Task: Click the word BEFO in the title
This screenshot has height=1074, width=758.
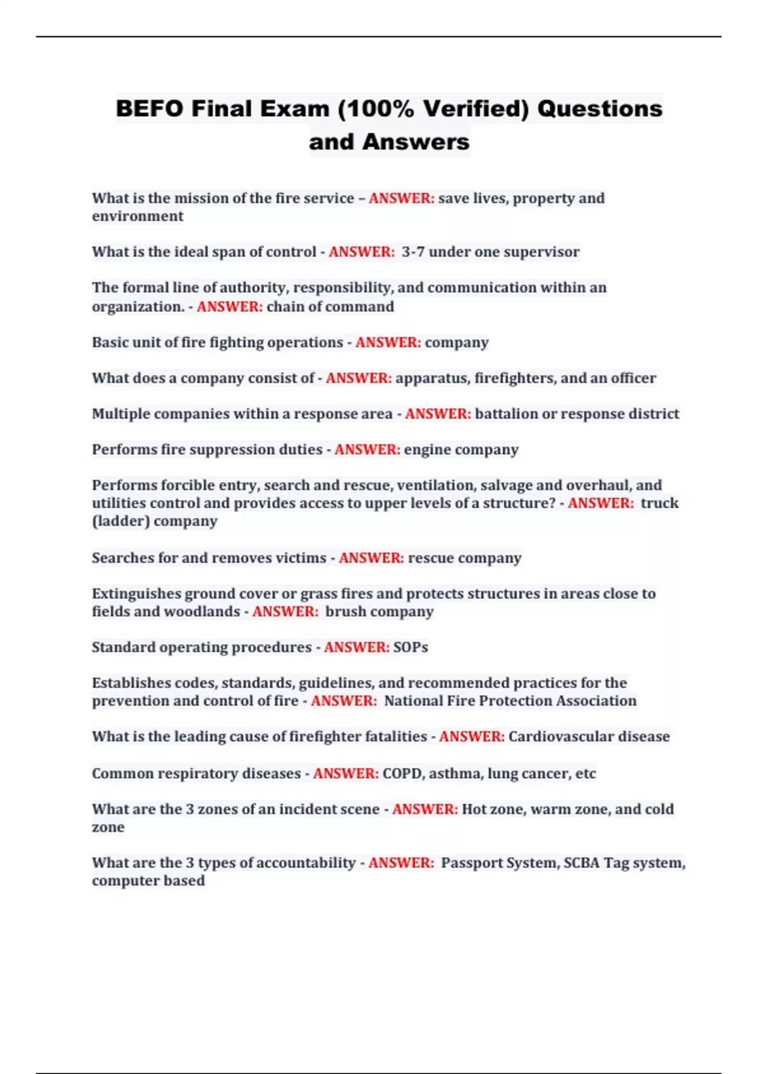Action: [x=150, y=109]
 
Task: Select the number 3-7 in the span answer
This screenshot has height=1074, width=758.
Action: [x=412, y=252]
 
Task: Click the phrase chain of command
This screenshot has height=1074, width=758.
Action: [x=330, y=307]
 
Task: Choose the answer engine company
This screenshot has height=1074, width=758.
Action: [x=461, y=450]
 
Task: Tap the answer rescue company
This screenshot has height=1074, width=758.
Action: [x=464, y=558]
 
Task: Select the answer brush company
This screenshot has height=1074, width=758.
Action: [x=379, y=612]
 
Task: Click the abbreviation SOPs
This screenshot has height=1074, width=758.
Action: [x=411, y=648]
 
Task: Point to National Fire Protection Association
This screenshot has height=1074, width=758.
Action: [x=510, y=701]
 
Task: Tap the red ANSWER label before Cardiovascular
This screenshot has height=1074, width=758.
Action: [x=471, y=737]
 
